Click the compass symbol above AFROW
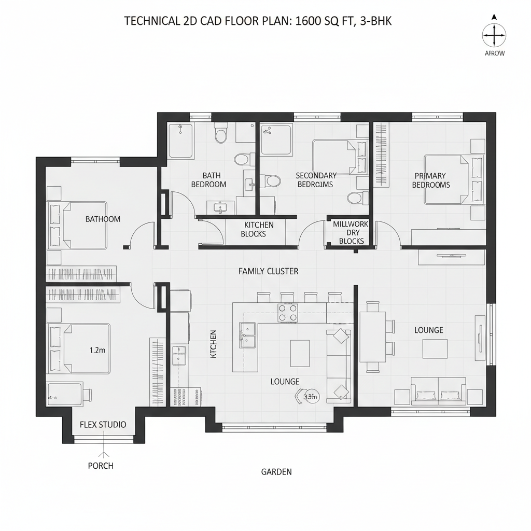494,36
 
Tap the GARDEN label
276,472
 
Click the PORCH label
101,466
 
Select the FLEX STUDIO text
103,425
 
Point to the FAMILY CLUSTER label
268,271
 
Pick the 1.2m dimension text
97,350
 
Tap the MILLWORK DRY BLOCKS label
351,233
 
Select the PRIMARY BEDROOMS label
431,180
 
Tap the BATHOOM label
103,219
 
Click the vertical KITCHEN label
213,344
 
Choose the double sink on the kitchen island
248,335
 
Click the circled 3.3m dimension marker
310,397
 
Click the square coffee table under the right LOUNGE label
435,349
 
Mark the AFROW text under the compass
494,53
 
